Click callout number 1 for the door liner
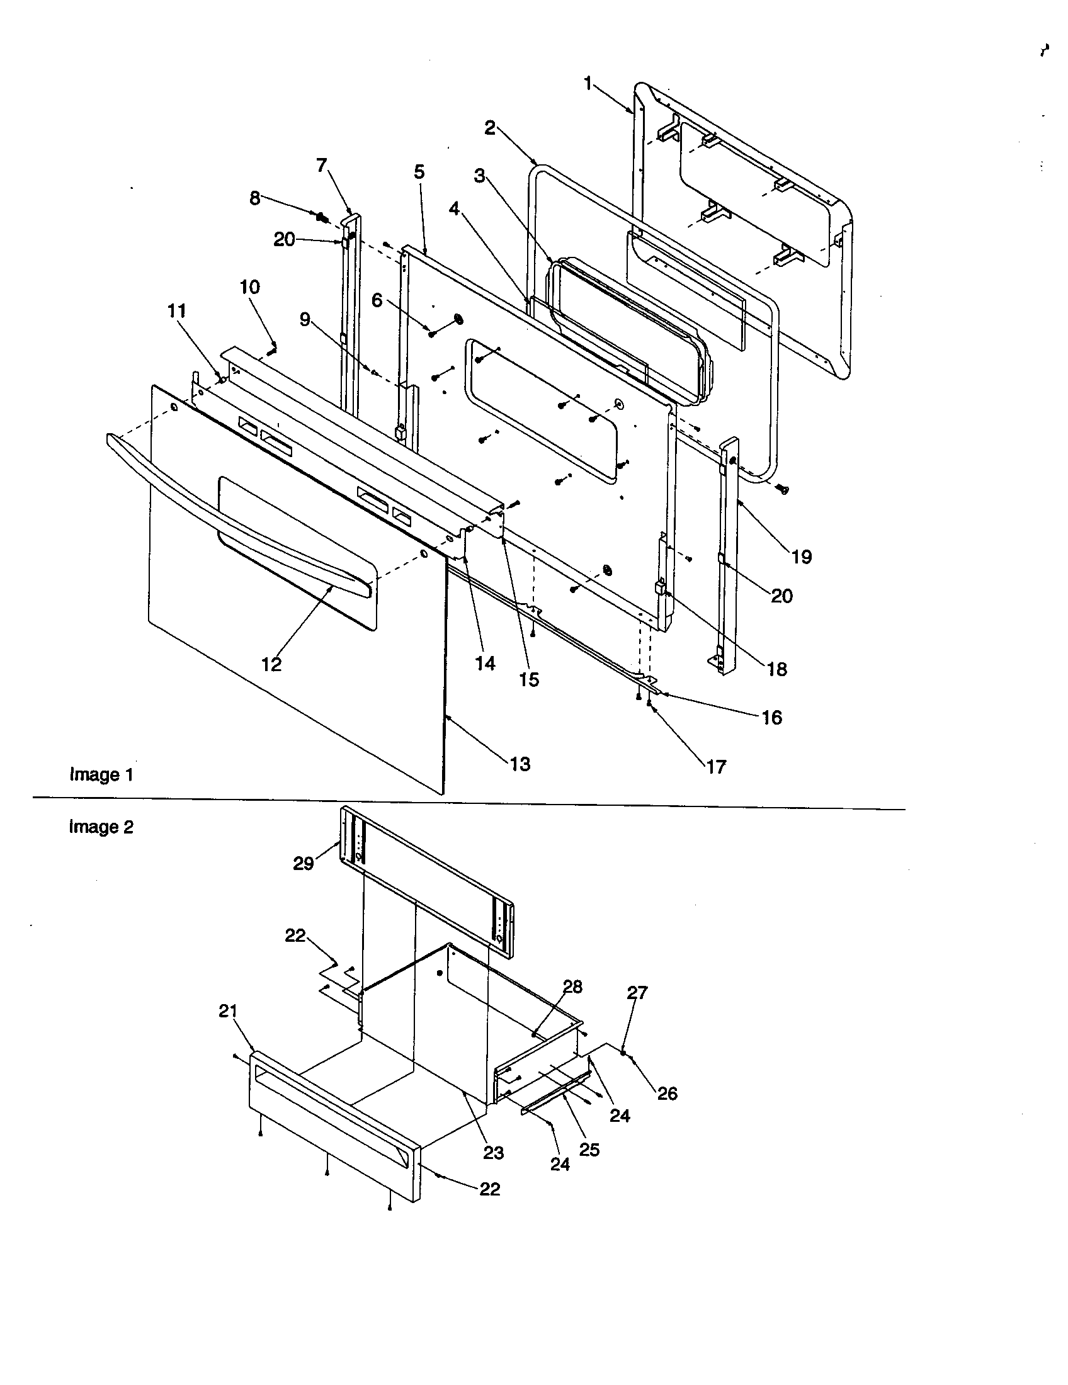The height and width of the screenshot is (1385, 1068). [588, 83]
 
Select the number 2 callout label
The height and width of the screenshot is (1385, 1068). [491, 127]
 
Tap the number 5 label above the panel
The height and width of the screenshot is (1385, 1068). [419, 172]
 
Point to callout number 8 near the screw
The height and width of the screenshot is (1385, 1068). [254, 198]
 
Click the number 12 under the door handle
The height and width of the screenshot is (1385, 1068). [271, 664]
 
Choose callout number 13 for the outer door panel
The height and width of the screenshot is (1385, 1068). [520, 764]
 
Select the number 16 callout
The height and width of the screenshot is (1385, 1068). [771, 717]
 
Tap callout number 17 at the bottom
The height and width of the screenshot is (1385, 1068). [716, 767]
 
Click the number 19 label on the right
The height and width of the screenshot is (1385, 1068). [802, 557]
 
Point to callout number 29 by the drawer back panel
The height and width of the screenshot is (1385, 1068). [303, 863]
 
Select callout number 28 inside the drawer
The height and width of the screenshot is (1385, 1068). [572, 986]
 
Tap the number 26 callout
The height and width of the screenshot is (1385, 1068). [667, 1093]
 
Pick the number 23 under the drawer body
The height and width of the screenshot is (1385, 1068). [494, 1152]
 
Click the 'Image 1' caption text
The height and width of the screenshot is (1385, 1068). [101, 774]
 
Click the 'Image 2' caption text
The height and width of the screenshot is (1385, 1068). [101, 827]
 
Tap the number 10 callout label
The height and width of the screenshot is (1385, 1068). [249, 287]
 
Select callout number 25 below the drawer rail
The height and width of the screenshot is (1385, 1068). [589, 1150]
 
